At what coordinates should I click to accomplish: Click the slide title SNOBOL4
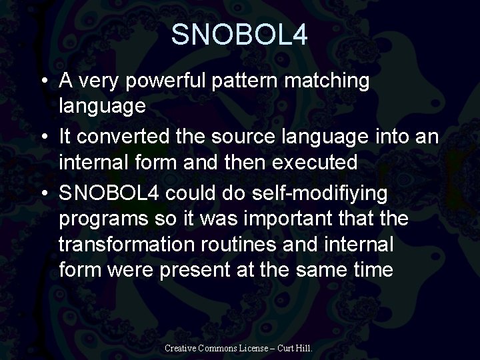tap(239, 35)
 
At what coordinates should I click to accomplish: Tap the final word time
tap(373, 271)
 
